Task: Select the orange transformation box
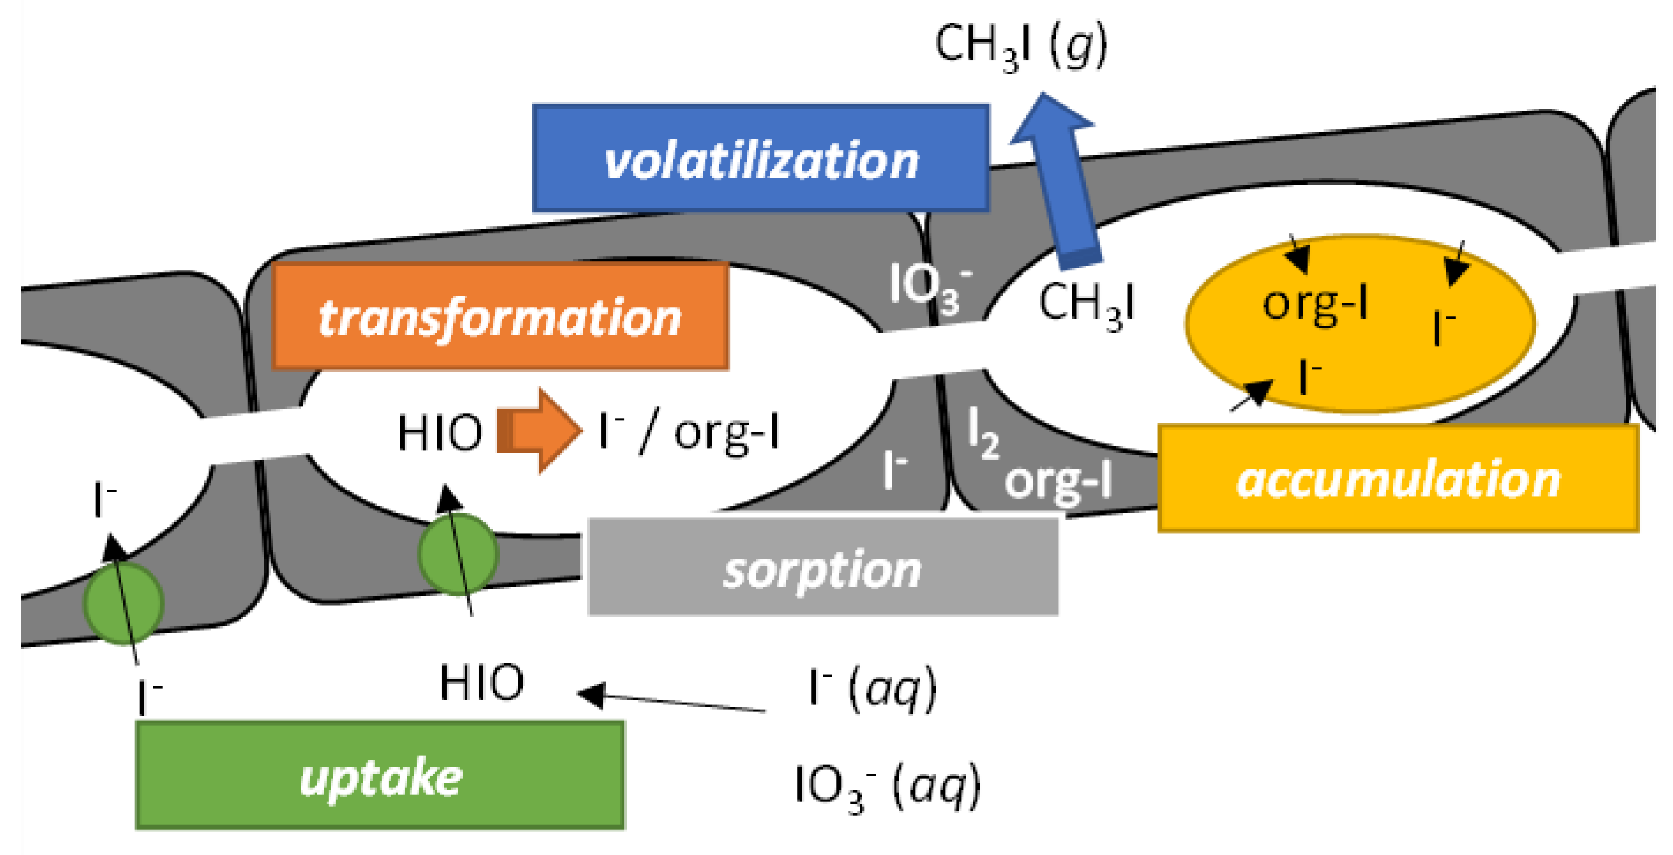coord(500,316)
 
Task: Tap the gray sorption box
coord(822,566)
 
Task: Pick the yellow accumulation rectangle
coord(1398,479)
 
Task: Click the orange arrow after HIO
coord(539,430)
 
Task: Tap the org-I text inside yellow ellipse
coord(1315,304)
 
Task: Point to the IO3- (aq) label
coord(887,787)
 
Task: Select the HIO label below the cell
coord(481,682)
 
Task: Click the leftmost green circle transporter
coord(123,603)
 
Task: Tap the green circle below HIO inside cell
coord(458,554)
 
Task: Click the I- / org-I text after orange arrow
coord(688,431)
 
